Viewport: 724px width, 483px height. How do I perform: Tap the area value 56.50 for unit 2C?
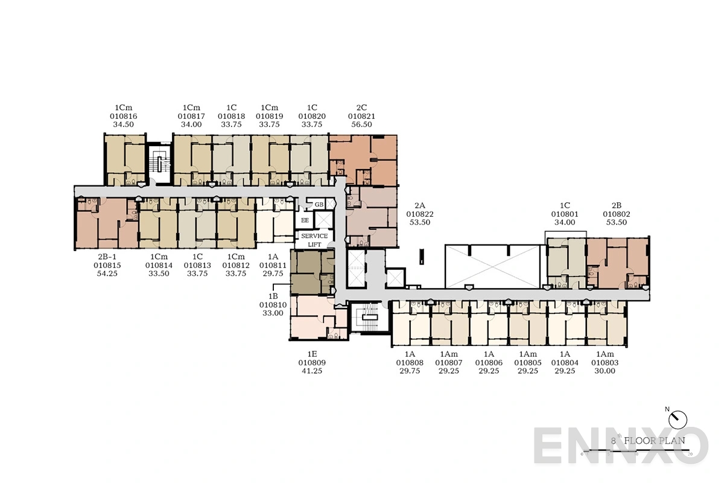pos(360,124)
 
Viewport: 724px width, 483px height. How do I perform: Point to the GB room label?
pos(319,205)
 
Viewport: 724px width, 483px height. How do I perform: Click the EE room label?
pos(305,220)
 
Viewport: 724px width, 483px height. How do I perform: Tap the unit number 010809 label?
pos(312,363)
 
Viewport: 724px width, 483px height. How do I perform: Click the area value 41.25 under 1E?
pos(312,371)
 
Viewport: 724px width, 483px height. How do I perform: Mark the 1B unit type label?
pos(273,296)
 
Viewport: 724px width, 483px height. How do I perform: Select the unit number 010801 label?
pos(565,214)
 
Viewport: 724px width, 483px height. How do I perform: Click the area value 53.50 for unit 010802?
pos(617,222)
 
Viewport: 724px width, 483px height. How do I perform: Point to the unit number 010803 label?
pos(605,363)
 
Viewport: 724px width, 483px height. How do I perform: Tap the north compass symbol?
pos(679,417)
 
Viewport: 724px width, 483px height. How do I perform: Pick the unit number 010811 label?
pos(273,264)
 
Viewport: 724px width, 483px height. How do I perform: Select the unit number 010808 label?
pos(410,363)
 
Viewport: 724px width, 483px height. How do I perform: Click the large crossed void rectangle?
pos(492,266)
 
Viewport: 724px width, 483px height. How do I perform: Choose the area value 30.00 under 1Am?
pos(605,371)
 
